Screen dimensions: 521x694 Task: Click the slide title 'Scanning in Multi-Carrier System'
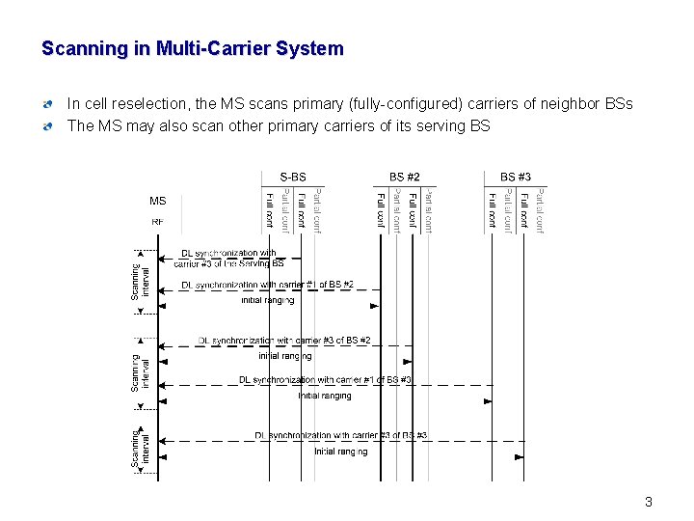[193, 48]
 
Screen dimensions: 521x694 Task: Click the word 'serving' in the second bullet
[436, 125]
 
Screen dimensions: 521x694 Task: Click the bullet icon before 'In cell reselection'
[48, 104]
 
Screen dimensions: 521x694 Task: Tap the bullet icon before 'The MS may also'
[48, 126]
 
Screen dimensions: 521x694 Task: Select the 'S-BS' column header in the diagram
[293, 177]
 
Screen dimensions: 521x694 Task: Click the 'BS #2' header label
[405, 177]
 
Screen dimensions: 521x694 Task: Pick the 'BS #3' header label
[516, 177]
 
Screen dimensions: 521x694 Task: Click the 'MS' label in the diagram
[157, 202]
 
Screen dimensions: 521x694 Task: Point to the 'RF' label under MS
[157, 221]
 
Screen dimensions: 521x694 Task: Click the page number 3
[649, 501]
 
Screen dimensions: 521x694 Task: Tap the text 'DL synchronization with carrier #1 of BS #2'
[267, 285]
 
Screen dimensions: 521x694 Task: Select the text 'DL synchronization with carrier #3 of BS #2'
[284, 341]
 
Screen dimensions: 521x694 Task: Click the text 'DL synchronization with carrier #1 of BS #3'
[325, 380]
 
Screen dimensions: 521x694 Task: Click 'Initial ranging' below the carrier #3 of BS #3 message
[340, 452]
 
